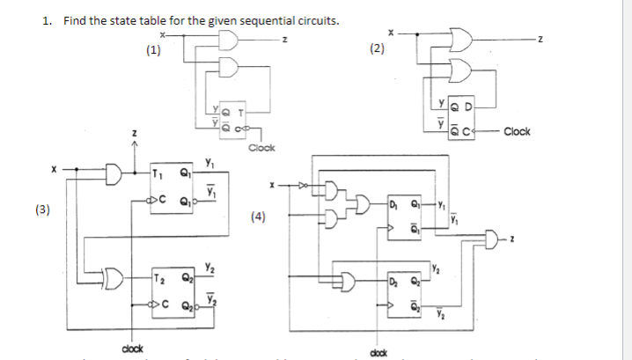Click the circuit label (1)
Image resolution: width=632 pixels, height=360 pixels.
(153, 50)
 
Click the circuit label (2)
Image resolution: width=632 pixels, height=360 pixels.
(376, 48)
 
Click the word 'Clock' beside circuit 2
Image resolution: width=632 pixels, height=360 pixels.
(518, 131)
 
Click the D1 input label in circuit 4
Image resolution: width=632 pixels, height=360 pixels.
(393, 206)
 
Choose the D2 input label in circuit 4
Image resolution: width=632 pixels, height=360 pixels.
(393, 281)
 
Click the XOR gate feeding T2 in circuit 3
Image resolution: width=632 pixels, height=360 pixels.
(114, 279)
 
